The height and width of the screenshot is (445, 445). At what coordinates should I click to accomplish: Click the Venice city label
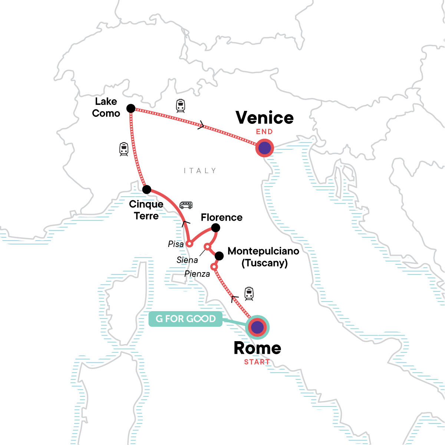(265, 118)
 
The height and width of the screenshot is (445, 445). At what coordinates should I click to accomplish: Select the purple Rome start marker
(257, 327)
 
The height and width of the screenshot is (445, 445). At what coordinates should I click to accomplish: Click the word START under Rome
(257, 362)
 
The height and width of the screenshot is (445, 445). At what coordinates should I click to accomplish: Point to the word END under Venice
(264, 132)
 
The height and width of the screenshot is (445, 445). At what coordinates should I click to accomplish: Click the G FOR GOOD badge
(185, 319)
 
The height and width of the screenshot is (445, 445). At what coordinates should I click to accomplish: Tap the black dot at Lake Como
(131, 108)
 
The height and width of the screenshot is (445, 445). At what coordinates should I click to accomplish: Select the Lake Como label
(106, 107)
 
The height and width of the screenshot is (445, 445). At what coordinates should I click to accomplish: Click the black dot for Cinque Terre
(147, 189)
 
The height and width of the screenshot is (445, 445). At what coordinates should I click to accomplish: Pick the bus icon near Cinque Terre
(186, 205)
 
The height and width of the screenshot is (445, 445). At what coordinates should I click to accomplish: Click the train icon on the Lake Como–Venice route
(180, 106)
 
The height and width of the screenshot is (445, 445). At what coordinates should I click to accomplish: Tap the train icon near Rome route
(249, 294)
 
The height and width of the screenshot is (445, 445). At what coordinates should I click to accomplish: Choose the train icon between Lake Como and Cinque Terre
(124, 149)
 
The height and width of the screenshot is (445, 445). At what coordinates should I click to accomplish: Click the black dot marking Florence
(215, 227)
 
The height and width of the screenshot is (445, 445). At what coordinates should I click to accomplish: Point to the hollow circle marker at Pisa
(189, 244)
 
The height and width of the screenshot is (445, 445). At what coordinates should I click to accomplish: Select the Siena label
(187, 260)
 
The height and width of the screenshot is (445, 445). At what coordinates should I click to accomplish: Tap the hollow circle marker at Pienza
(214, 267)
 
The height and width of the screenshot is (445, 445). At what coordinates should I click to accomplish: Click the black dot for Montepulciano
(219, 256)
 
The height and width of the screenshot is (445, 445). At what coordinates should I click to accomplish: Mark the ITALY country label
(200, 171)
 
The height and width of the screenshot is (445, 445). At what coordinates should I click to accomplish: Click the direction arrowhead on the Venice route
(201, 125)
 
